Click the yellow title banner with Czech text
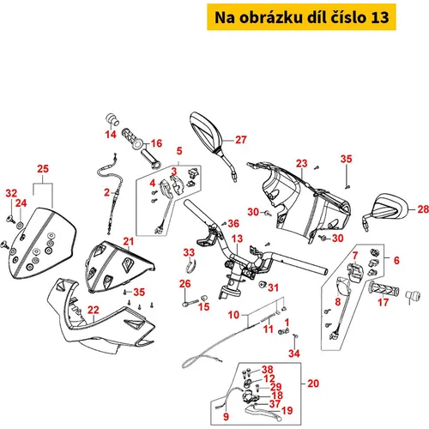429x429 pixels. [301, 17]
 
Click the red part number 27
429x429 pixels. [241, 140]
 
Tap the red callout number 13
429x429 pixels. [237, 239]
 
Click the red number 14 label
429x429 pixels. [111, 134]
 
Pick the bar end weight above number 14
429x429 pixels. [112, 119]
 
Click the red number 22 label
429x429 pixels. [94, 310]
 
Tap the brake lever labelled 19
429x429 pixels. [263, 412]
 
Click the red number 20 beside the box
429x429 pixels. [313, 384]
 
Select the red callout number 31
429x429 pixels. [274, 287]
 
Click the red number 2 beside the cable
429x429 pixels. [106, 192]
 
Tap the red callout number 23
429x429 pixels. [302, 164]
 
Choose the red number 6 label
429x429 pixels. [396, 260]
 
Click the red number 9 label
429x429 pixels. [226, 416]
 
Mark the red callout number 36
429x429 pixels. [233, 223]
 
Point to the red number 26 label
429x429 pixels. [185, 284]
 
